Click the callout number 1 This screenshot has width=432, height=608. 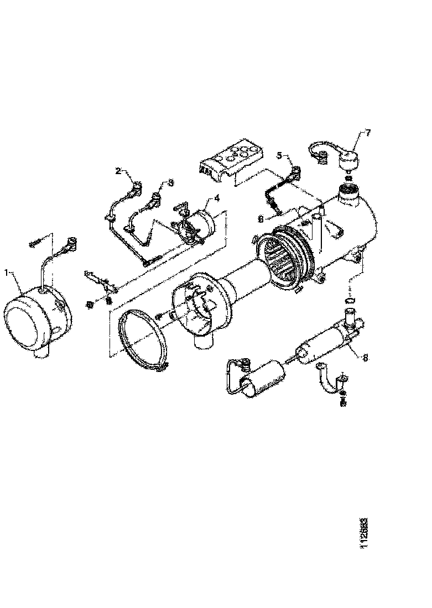[6, 272]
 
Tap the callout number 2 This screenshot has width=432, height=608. [117, 171]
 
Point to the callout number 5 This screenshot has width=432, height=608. [279, 155]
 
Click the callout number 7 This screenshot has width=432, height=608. [368, 133]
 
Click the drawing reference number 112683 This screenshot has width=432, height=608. [363, 533]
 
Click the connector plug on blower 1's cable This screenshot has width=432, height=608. [72, 242]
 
